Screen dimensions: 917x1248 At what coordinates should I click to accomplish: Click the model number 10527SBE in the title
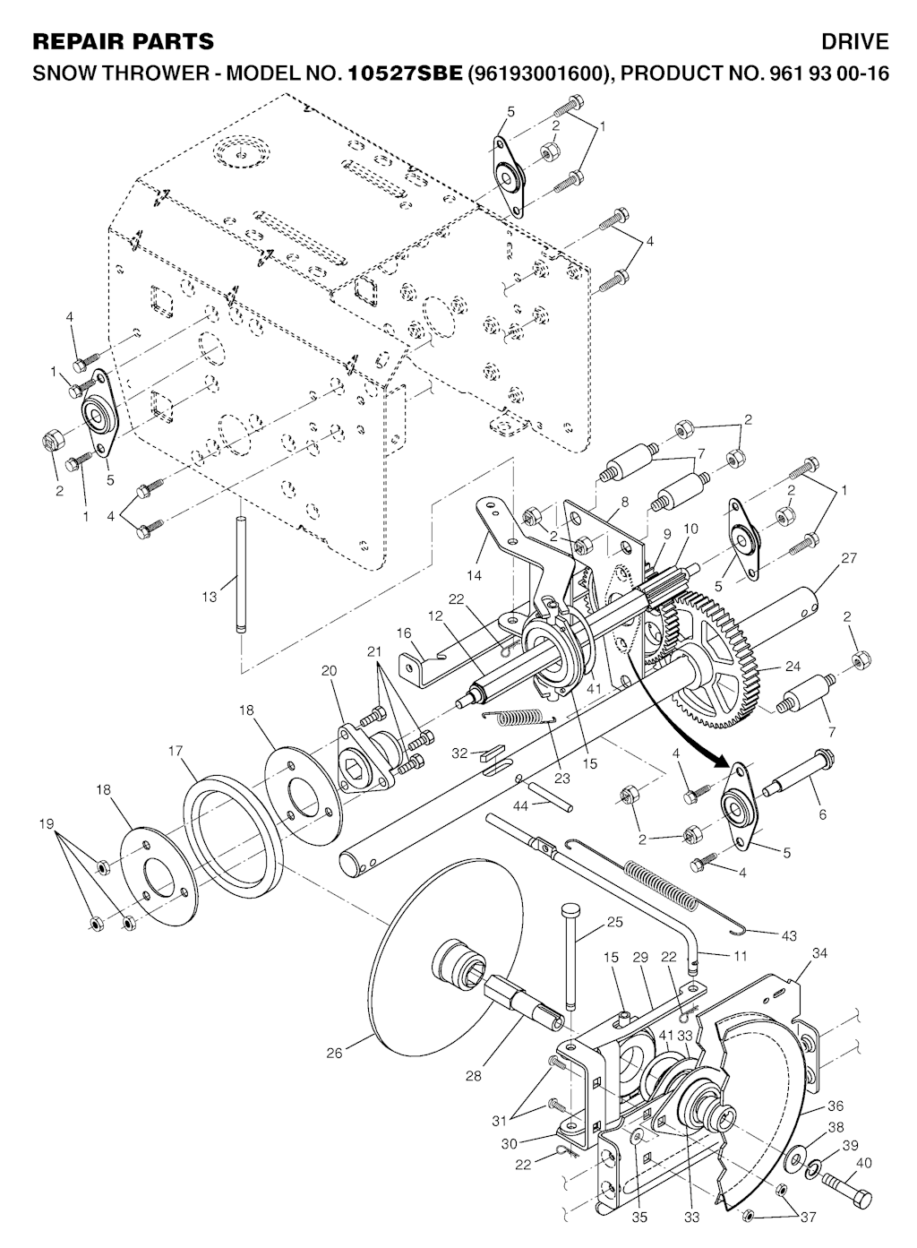coord(405,73)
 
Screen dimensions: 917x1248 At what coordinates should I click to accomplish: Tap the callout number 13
coord(210,597)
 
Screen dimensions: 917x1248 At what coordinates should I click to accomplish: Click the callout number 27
coord(849,557)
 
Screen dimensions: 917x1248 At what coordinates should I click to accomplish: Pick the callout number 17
coord(176,752)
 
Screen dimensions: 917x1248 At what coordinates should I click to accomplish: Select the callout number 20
coord(329,670)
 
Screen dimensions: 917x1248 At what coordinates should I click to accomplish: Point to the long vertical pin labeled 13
coord(240,575)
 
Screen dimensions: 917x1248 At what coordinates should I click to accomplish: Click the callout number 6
coord(823,815)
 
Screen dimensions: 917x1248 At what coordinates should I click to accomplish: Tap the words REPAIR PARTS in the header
coord(123,42)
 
